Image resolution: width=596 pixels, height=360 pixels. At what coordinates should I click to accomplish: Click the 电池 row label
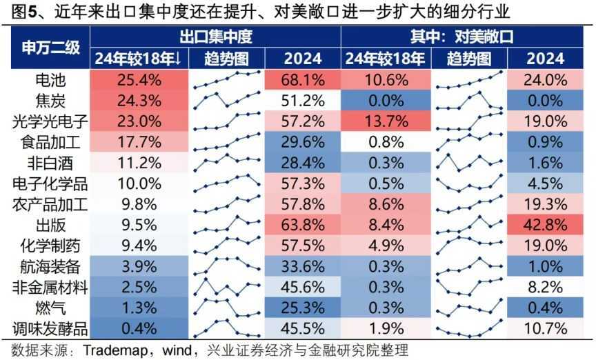(47, 79)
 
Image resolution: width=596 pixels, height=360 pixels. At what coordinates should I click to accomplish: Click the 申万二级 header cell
(47, 47)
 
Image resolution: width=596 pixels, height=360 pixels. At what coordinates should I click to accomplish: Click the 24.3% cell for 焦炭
(140, 100)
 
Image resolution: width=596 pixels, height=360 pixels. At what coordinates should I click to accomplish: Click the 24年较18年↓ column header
(140, 59)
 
